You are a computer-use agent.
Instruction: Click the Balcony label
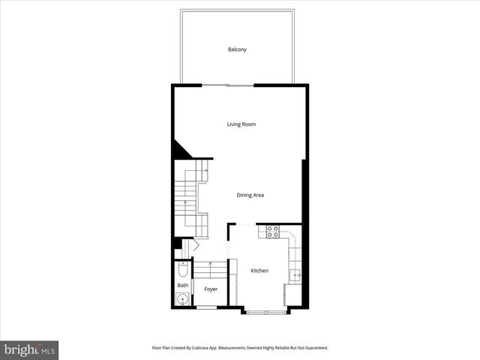pos(237,49)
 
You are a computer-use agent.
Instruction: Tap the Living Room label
pos(241,124)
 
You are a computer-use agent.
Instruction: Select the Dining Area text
pos(250,195)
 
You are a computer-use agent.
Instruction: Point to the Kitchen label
pos(259,271)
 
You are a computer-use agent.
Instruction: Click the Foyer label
pos(211,289)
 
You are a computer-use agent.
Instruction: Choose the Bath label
pos(183,285)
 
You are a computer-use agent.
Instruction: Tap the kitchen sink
pos(296,275)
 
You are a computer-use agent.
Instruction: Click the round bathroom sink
pos(182,300)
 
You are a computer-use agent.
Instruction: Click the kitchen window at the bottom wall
pos(263,310)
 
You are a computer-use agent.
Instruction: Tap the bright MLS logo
pos(30,349)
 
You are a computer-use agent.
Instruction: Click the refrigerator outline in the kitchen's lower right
pos(292,295)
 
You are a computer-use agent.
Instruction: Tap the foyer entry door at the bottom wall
pos(206,307)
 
